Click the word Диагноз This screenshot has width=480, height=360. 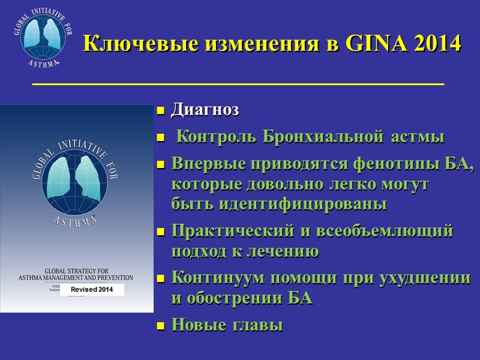205,110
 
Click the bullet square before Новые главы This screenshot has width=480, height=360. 160,326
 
